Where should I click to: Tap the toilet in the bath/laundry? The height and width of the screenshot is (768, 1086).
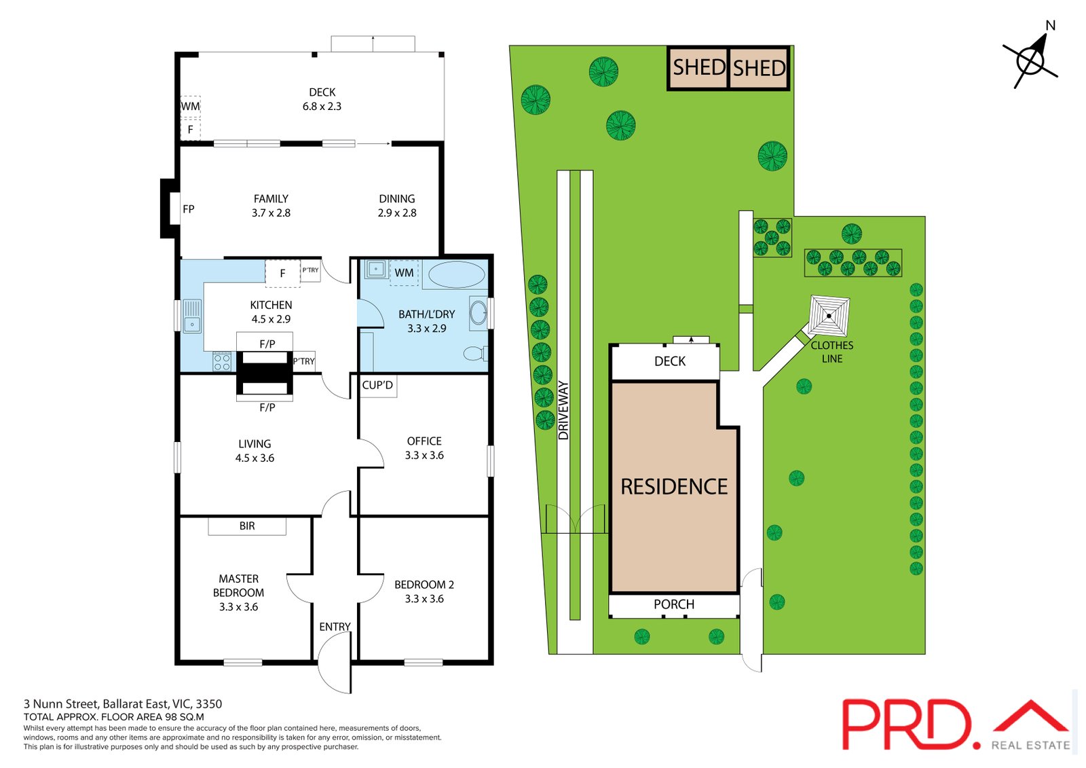coord(475,354)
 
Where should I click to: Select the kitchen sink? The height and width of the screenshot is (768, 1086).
coord(193,316)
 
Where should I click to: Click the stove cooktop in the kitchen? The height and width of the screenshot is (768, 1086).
coord(222,362)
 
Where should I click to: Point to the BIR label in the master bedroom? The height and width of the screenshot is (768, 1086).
coord(247,526)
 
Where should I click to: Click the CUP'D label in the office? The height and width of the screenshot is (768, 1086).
coord(377,385)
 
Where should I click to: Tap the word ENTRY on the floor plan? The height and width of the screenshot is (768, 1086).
coord(335,627)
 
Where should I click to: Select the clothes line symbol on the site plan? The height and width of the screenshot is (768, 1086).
coord(829,316)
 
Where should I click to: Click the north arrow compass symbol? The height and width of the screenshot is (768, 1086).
coord(1031,60)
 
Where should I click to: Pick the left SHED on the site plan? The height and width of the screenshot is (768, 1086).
coord(698,68)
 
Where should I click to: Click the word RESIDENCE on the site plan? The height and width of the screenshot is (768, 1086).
coord(674,487)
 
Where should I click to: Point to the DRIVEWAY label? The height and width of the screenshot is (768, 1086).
coord(563,410)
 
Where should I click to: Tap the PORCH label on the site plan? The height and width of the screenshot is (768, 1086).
coord(674,604)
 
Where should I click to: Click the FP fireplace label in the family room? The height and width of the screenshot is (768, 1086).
coord(189,209)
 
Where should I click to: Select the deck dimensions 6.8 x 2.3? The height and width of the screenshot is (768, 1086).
coord(322,106)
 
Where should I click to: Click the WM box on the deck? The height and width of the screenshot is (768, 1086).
coord(191,106)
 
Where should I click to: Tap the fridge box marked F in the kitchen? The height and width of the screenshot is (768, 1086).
coord(282,274)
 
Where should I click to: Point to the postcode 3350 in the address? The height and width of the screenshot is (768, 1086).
coord(209,704)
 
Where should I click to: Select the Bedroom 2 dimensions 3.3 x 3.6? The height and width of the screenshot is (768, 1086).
coord(424,599)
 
